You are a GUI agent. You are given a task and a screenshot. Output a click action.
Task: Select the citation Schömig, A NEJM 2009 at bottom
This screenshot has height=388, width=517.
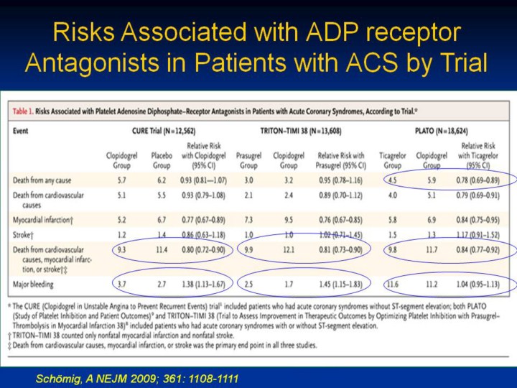tap(137, 377)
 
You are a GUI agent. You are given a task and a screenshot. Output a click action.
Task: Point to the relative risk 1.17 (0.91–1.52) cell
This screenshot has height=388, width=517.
tap(476, 235)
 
